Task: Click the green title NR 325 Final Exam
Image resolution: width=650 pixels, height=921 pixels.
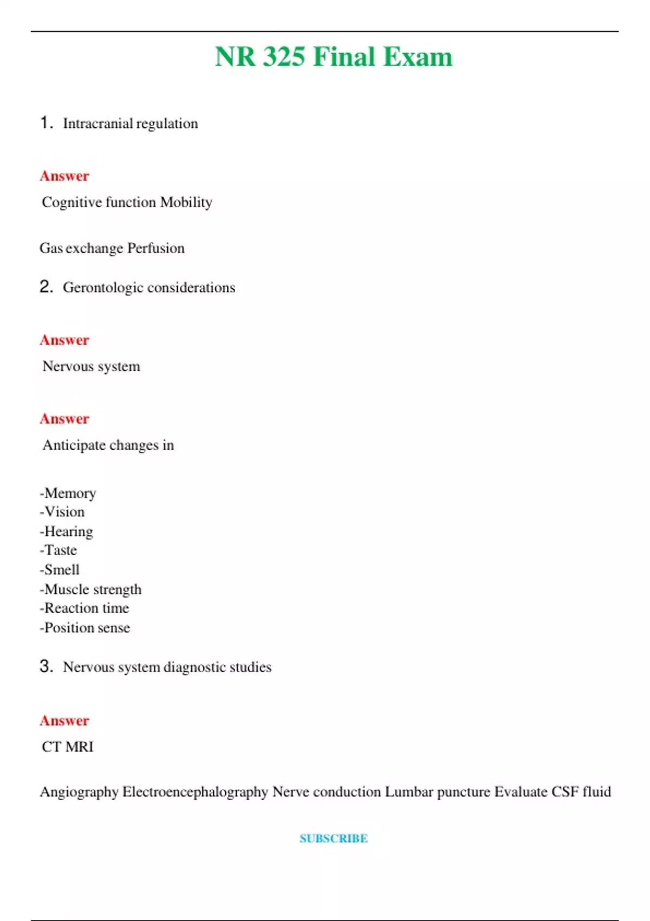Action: [x=334, y=57]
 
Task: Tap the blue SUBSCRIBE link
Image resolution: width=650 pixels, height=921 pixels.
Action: [x=334, y=839]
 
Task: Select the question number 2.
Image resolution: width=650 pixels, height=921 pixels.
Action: [x=46, y=287]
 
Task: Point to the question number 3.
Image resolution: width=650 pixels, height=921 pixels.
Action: [x=46, y=666]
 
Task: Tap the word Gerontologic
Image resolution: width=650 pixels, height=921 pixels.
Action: [x=103, y=288]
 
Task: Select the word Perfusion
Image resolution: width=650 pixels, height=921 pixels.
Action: [x=156, y=248]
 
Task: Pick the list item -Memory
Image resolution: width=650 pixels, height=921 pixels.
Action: [x=68, y=493]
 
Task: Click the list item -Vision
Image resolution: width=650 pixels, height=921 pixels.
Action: [x=62, y=512]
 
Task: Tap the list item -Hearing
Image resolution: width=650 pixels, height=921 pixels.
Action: [x=66, y=531]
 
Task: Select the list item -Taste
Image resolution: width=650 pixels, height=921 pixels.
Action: [x=58, y=550]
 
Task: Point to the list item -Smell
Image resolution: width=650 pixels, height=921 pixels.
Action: [x=60, y=570]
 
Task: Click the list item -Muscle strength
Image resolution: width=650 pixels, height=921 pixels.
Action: [x=90, y=589]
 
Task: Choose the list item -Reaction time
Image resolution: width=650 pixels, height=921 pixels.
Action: [x=84, y=608]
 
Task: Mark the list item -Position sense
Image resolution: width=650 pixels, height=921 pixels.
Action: [x=85, y=628]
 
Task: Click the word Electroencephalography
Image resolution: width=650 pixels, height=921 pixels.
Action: [x=195, y=792]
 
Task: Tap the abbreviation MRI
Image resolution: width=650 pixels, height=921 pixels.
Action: [x=80, y=747]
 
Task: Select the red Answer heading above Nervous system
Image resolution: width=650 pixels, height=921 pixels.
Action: [x=64, y=340]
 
